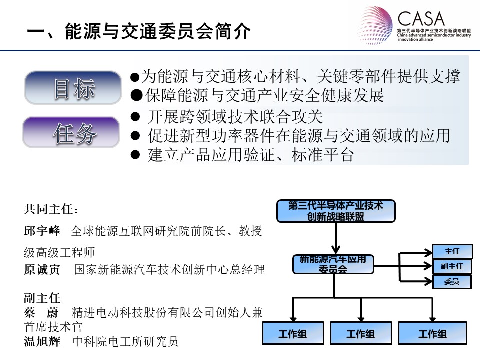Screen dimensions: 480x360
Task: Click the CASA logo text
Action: (421, 19)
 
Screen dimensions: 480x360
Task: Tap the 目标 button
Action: (73, 88)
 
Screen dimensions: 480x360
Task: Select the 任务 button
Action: (71, 132)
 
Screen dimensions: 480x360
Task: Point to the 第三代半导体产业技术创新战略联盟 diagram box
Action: (336, 211)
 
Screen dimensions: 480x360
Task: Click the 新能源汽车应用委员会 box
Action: (333, 264)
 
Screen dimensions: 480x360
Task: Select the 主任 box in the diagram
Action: (452, 251)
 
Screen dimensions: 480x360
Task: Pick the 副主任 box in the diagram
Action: (452, 266)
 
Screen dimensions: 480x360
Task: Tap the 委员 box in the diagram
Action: (452, 281)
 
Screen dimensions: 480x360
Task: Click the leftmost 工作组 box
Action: (293, 333)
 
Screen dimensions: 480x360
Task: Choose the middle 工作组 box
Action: (361, 333)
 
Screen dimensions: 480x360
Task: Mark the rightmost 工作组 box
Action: (432, 333)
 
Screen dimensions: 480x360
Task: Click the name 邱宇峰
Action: (42, 231)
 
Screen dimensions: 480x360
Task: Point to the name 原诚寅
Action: (42, 269)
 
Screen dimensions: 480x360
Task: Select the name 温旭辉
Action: (42, 341)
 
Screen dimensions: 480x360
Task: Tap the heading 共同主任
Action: (51, 209)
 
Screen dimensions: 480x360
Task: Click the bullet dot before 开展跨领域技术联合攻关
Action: (135, 117)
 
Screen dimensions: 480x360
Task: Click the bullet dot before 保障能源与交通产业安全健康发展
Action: (136, 96)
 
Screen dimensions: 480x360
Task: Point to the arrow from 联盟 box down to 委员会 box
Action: (336, 238)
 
